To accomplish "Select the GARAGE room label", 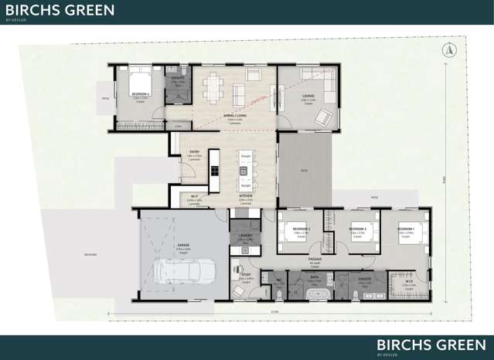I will click(183, 245).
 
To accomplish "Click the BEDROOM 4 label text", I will click(141, 93).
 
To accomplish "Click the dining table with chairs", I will click(215, 87).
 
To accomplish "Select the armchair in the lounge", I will click(324, 117).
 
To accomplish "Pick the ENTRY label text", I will click(194, 151).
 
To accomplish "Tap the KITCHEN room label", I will click(245, 196).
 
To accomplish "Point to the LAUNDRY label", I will click(246, 235).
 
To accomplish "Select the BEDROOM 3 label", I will click(302, 229).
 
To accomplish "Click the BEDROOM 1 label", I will click(407, 229).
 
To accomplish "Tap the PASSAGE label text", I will click(315, 258).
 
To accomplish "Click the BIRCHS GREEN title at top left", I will click(60, 10).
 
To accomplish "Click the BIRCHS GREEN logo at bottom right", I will click(431, 344).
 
